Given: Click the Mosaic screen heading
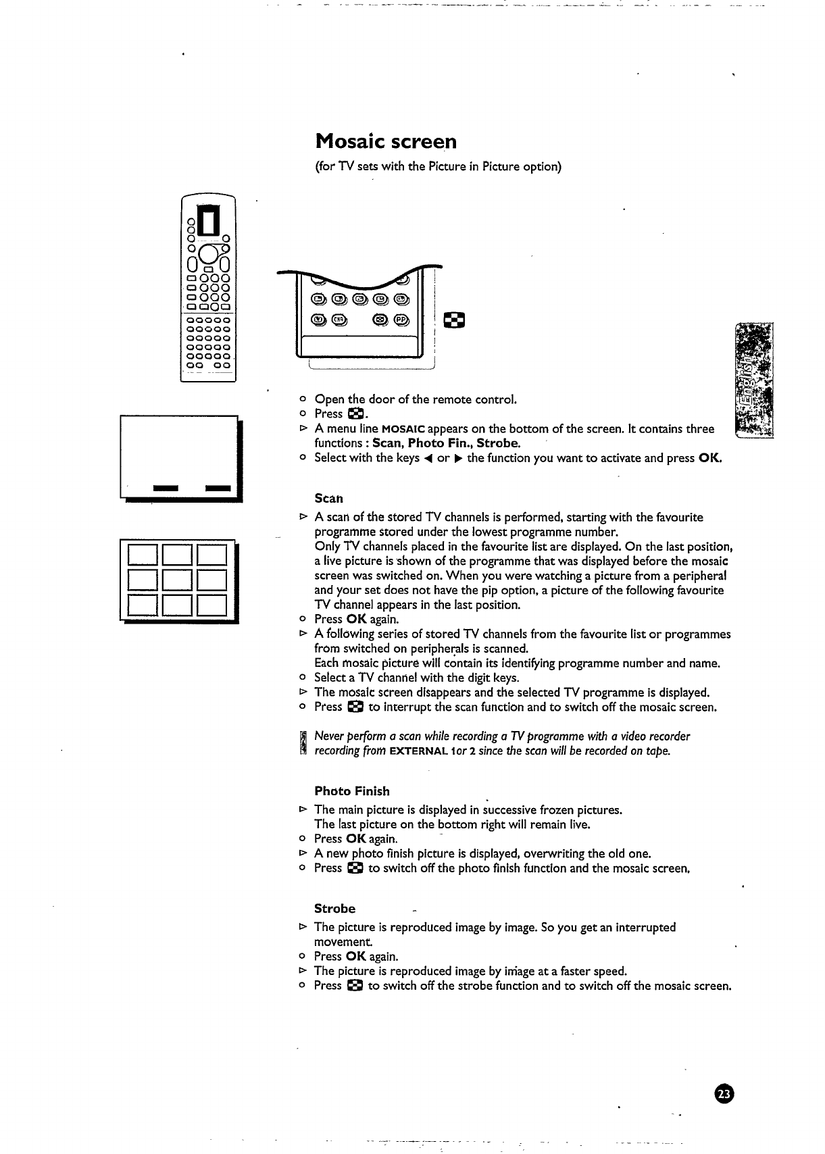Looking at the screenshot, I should click(386, 142).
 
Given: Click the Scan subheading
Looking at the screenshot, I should click(329, 499).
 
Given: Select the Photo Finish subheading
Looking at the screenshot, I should click(352, 791).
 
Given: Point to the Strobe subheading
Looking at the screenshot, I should click(334, 909).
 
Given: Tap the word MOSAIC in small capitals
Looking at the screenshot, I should click(403, 429).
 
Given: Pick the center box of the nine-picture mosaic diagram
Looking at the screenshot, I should click(178, 581).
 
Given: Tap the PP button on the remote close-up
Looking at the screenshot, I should click(402, 320).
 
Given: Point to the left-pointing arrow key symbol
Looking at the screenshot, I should click(428, 458).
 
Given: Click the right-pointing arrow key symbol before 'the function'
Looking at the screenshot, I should click(461, 458).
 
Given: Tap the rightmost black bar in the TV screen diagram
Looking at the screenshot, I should click(218, 488).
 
